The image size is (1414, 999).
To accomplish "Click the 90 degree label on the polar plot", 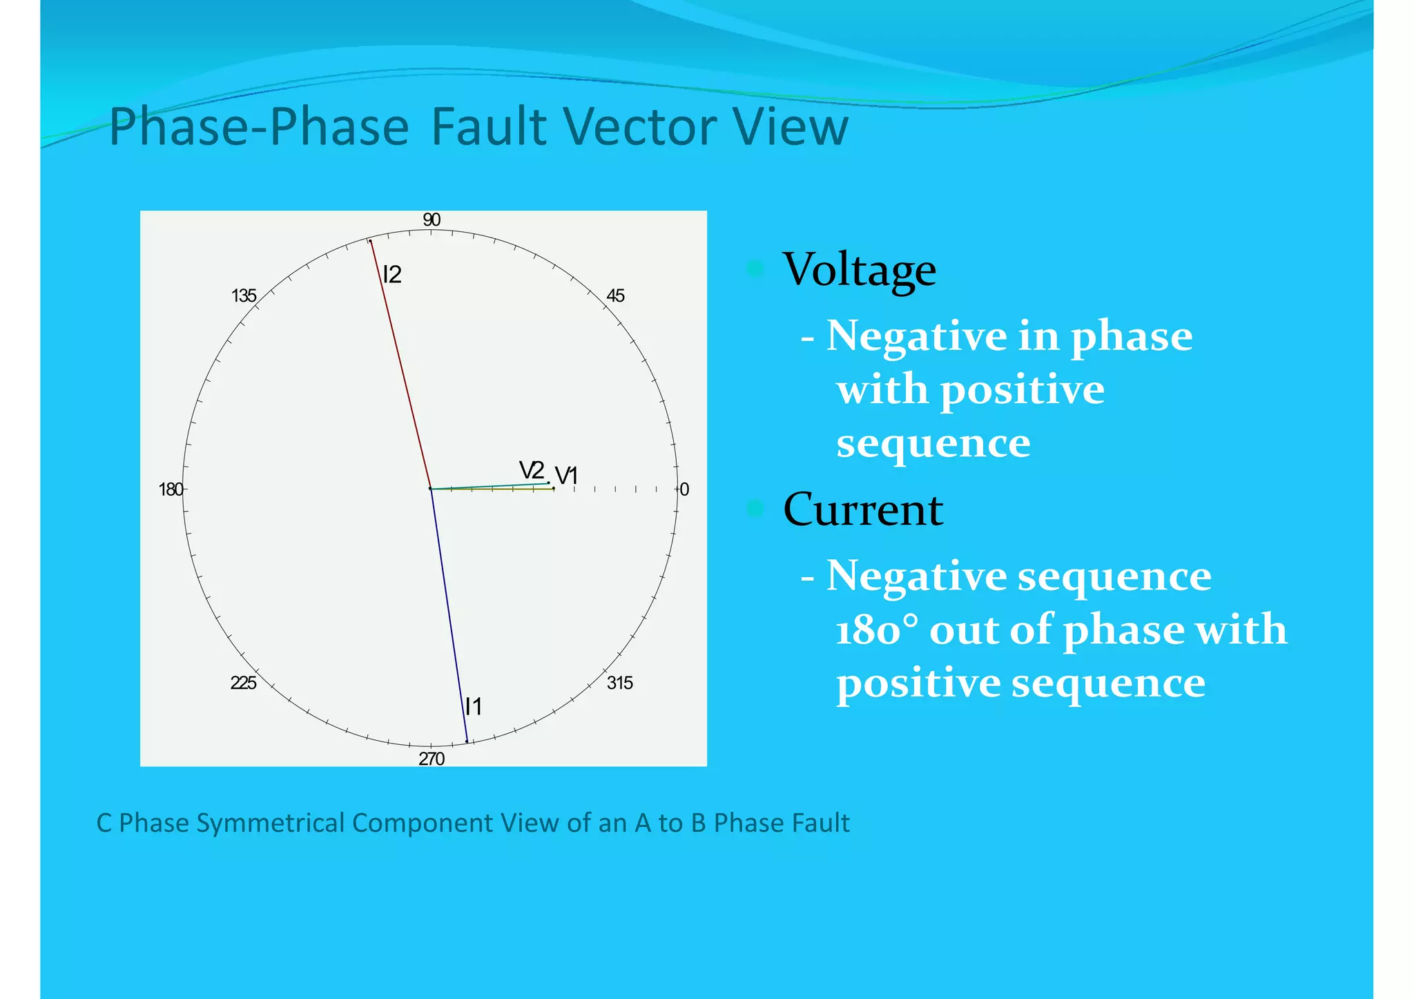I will [x=432, y=220].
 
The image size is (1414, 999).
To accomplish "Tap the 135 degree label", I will [x=244, y=296].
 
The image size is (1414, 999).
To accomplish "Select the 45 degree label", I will [x=615, y=296].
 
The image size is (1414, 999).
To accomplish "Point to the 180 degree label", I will [x=171, y=489].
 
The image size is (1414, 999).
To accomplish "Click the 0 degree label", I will [x=684, y=489].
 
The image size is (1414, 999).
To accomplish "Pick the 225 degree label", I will [x=243, y=683].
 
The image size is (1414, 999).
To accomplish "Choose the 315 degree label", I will [x=619, y=683].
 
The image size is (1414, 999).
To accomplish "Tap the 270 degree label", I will [x=432, y=759].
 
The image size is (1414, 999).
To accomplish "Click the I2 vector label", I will [x=392, y=275].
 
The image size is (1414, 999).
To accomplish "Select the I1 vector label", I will [x=474, y=706].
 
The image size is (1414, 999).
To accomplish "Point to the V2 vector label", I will [x=532, y=470].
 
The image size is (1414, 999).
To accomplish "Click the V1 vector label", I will [x=566, y=476].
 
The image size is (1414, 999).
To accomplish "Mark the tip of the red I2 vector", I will [x=370, y=240].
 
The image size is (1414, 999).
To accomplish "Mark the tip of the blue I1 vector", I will [x=467, y=741].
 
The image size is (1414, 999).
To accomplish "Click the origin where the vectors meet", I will [x=431, y=489].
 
